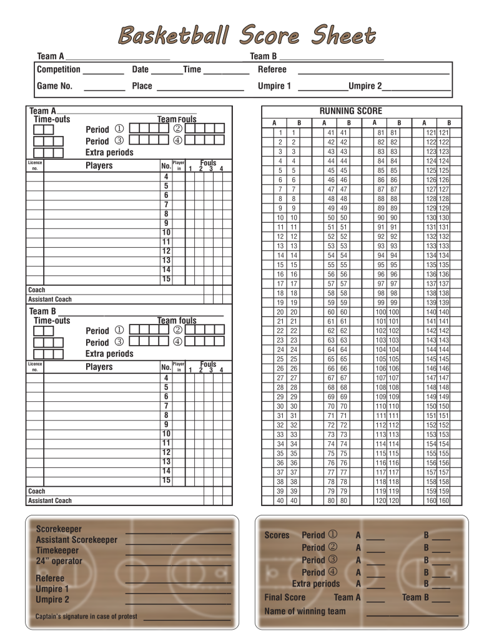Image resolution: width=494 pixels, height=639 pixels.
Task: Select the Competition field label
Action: (59, 69)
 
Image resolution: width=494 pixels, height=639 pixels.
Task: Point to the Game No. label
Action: (54, 86)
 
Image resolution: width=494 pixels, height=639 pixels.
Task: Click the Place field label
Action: (142, 86)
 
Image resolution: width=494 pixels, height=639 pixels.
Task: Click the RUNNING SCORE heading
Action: (350, 110)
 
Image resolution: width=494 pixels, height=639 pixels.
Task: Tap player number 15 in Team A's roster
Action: (166, 279)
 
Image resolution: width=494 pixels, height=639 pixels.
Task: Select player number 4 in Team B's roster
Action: (166, 378)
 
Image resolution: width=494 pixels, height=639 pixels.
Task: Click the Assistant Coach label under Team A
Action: (50, 300)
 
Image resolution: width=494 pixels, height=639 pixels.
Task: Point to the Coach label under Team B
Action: (37, 491)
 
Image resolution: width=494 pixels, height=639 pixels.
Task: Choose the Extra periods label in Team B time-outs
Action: (109, 354)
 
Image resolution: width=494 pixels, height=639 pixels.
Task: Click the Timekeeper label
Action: (57, 550)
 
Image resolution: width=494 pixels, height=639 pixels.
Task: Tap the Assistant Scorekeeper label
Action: (76, 540)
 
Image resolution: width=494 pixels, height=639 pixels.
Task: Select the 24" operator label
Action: (59, 561)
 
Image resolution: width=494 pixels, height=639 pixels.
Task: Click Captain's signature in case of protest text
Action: (87, 617)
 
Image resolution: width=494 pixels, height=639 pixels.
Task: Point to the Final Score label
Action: (285, 597)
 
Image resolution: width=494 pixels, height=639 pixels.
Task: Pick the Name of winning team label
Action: (305, 611)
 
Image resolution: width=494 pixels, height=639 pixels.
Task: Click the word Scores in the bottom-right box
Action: (277, 535)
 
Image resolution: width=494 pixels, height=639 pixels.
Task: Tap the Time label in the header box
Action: (192, 69)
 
